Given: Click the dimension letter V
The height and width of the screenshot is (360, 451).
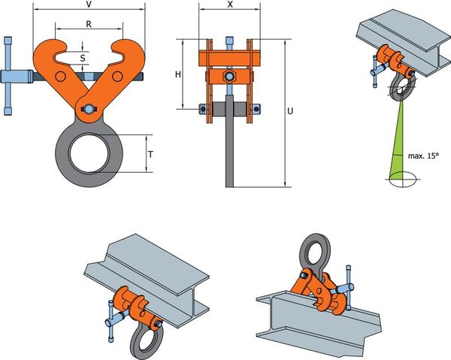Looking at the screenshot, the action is click(89, 5).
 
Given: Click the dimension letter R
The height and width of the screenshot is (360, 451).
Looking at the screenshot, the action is click(89, 25).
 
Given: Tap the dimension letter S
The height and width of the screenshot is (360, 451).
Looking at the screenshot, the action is click(83, 58).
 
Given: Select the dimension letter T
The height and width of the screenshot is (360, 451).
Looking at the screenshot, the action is click(150, 154).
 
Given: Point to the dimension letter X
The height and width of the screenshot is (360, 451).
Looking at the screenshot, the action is click(230, 5).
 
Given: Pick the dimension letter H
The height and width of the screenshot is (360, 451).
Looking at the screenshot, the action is click(178, 74).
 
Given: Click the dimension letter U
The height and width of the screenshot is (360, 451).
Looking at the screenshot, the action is click(290, 110).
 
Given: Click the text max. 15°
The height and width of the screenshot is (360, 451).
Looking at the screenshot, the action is click(424, 156).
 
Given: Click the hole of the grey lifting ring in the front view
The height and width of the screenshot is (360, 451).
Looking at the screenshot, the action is click(89, 153).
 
